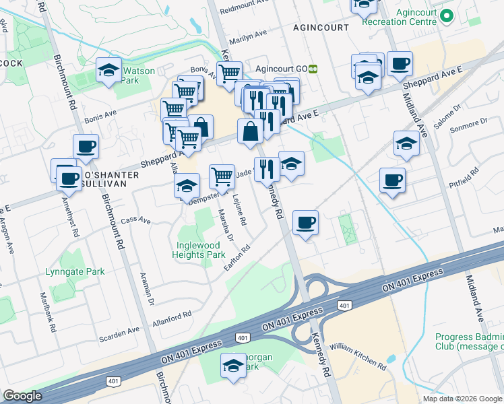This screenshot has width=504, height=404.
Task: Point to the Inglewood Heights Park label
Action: (x=201, y=250)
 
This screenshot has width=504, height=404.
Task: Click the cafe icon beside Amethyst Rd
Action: (x=68, y=179)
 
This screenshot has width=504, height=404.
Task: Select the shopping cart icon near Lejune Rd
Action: (x=222, y=176)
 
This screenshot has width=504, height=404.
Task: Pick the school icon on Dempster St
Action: (x=187, y=187)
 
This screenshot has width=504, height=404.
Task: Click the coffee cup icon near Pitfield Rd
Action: (x=392, y=180)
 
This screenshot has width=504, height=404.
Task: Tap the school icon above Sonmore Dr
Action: (x=406, y=144)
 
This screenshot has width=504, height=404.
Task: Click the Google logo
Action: (x=22, y=396)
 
